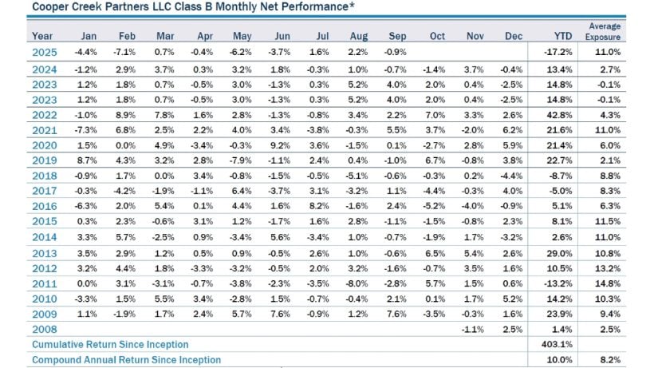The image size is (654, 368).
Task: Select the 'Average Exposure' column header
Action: pos(605,31)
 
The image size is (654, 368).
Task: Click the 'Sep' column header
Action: pos(397,36)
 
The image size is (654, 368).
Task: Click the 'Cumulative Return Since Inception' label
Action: pos(110,344)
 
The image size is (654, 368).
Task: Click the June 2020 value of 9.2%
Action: pos(282,144)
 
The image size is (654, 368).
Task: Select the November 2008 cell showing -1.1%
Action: pos(474,329)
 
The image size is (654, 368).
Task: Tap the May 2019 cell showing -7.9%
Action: pos(243,160)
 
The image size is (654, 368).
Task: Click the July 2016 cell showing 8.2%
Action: pos(320,206)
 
